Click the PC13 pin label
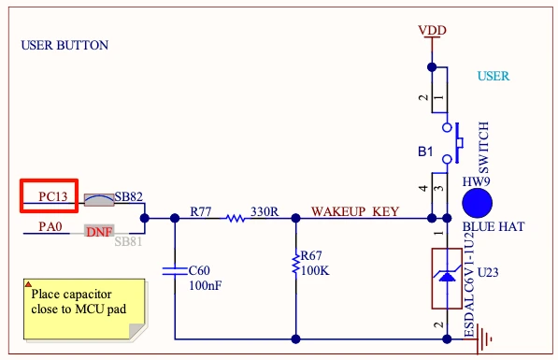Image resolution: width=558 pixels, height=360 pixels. click(52, 196)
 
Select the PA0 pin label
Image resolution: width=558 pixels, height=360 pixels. click(50, 226)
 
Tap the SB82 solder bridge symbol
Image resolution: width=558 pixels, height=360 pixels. click(99, 200)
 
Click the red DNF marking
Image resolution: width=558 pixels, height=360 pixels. click(99, 232)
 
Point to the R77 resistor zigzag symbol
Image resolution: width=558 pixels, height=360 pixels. click(236, 218)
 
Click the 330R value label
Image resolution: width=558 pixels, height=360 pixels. click(265, 211)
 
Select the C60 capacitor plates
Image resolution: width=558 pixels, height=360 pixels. click(175, 271)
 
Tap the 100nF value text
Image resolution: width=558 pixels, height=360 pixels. click(206, 285)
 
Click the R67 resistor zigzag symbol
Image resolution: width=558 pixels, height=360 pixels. click(295, 264)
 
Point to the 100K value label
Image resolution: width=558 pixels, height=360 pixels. click(315, 270)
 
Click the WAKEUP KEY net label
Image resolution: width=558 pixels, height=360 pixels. click(355, 211)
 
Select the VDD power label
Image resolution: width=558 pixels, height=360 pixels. click(432, 30)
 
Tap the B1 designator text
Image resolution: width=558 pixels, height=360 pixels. click(425, 151)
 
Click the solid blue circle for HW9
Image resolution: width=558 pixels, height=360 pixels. click(477, 203)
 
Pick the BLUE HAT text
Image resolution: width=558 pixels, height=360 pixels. click(494, 226)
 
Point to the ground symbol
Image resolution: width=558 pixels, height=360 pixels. click(483, 339)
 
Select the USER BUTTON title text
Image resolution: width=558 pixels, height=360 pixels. click(64, 45)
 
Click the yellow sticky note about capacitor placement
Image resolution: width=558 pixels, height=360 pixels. click(85, 310)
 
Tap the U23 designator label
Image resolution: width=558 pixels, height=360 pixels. click(488, 273)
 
